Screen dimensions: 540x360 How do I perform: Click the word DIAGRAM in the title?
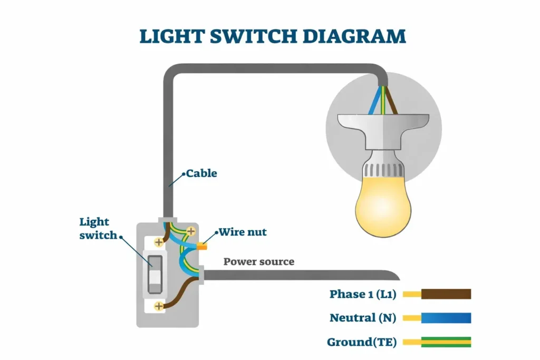[x=354, y=36]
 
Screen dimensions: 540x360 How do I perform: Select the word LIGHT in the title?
[x=172, y=36]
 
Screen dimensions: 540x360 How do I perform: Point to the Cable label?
[x=201, y=173]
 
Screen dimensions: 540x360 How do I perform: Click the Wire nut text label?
[x=243, y=232]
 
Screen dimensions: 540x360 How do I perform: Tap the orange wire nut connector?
[x=202, y=246]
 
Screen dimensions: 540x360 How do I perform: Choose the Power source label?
[x=259, y=261]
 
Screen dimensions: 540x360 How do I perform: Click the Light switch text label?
[x=98, y=228]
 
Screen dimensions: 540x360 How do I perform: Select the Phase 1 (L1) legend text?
[x=363, y=294]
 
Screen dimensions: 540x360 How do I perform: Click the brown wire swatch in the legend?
[x=446, y=294]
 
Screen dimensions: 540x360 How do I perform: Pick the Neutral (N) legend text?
[x=363, y=318]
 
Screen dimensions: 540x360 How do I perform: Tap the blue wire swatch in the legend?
[x=446, y=318]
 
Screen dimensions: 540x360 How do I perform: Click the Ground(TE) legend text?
[x=362, y=342]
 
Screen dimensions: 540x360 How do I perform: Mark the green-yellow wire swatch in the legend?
[x=446, y=342]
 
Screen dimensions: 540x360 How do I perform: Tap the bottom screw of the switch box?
[x=159, y=306]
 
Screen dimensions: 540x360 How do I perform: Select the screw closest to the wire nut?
[x=191, y=231]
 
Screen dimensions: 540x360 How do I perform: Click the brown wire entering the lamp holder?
[x=391, y=100]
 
